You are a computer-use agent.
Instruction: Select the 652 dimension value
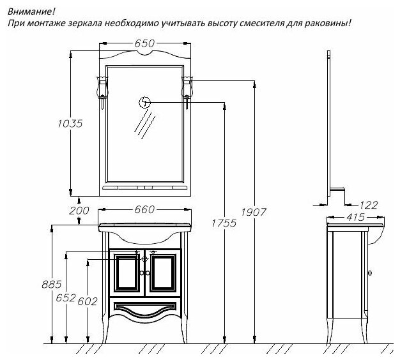click(x=65, y=298)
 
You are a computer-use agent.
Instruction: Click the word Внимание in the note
click(x=26, y=10)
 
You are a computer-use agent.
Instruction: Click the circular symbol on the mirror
click(x=146, y=102)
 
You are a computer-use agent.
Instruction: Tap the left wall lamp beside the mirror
click(x=101, y=86)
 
